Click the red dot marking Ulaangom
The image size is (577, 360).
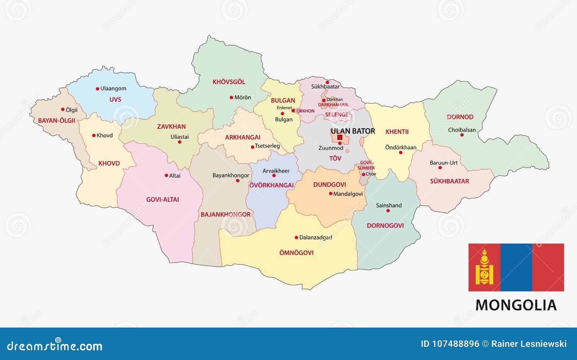[97, 89]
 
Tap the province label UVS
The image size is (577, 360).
[115, 100]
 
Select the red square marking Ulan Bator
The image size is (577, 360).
[340, 137]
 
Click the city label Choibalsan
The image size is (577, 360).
[462, 130]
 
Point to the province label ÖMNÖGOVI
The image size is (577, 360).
[296, 253]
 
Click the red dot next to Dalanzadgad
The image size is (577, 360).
[296, 238]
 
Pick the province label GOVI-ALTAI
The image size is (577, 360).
[162, 199]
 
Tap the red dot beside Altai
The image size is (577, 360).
[166, 176]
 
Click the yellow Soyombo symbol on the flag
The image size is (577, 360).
[484, 267]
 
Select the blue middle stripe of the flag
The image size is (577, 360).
[516, 267]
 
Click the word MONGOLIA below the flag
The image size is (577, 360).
[516, 305]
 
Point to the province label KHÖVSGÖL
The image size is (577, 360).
[229, 82]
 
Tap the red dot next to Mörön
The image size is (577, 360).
[231, 97]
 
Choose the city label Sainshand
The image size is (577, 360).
[389, 205]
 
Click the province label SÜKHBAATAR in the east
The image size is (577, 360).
[449, 181]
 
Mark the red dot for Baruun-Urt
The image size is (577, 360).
[440, 168]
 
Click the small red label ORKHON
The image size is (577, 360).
[305, 111]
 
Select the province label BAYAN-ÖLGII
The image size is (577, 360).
[57, 121]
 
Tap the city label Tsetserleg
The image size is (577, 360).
[267, 146]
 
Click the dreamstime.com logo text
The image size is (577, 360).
[55, 346]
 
